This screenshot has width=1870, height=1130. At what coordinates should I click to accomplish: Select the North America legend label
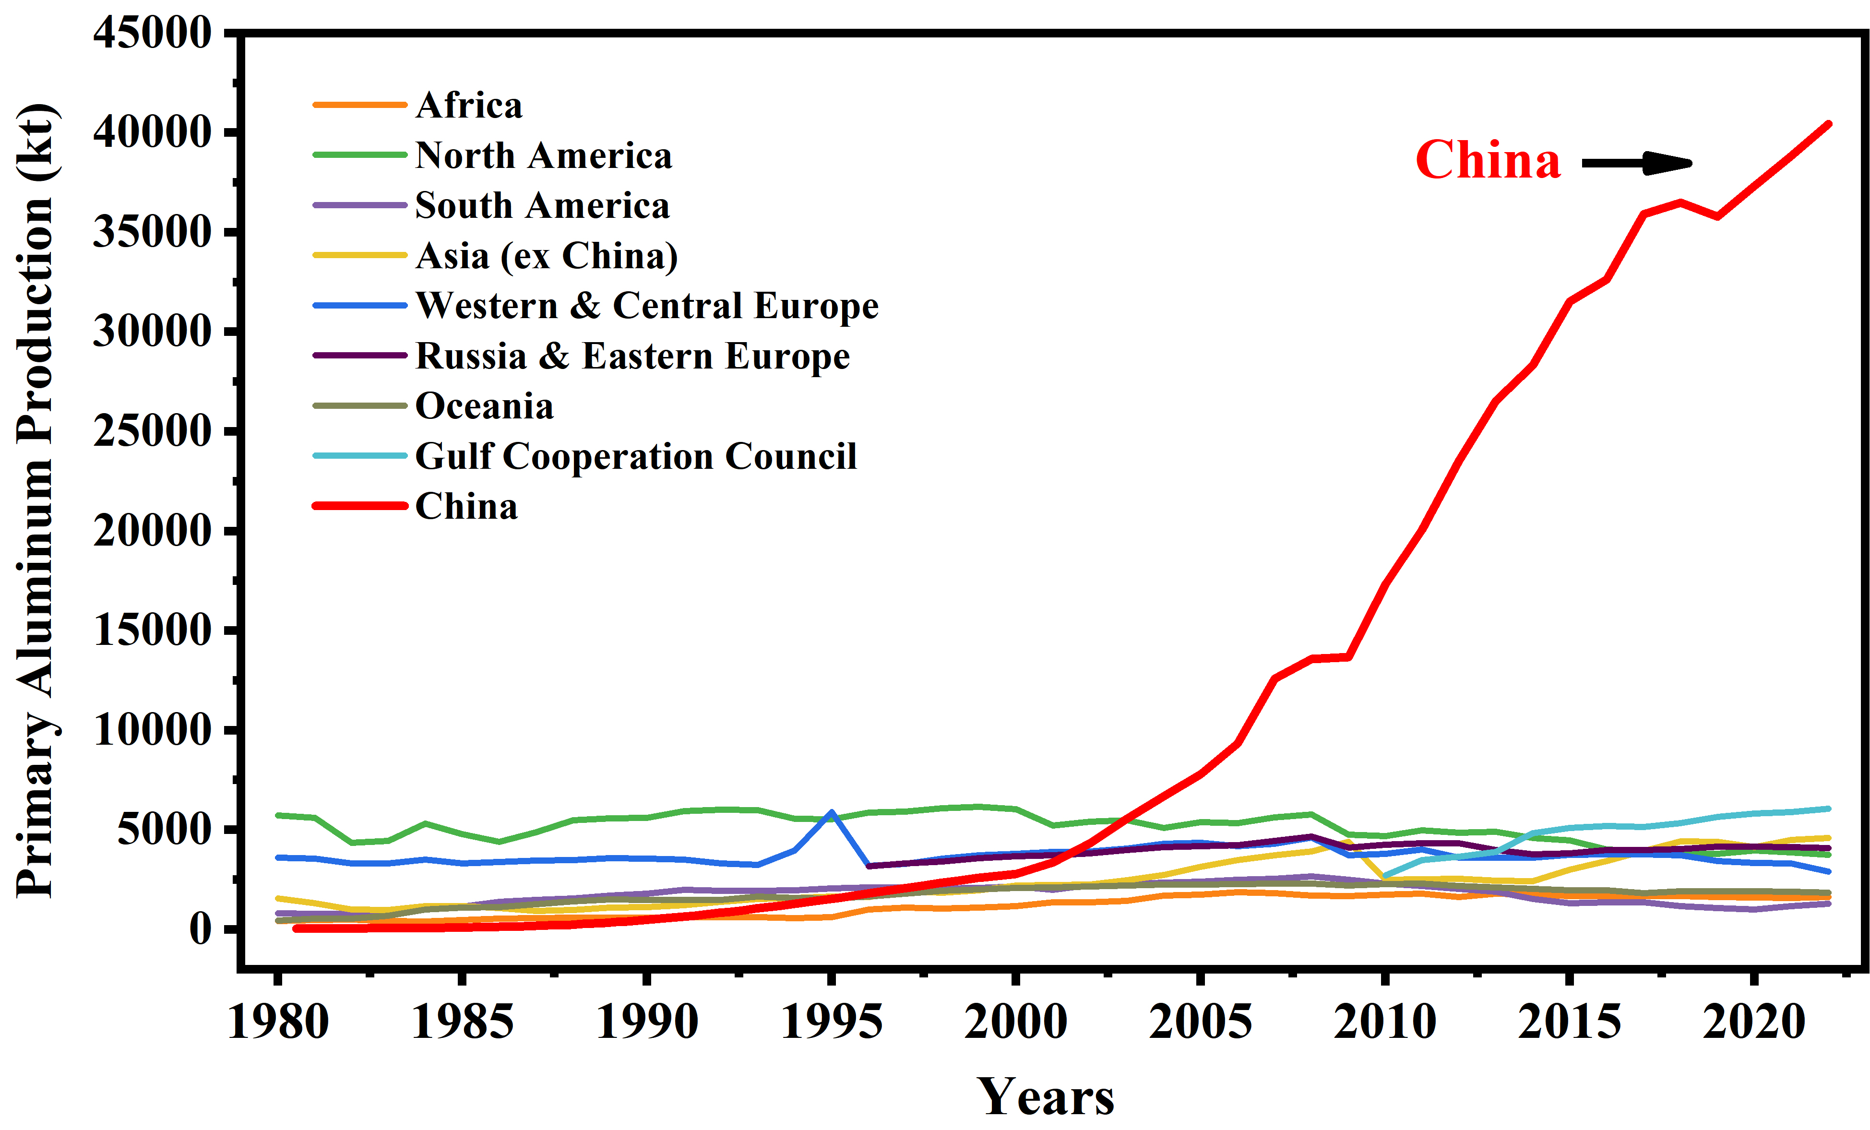coord(543,155)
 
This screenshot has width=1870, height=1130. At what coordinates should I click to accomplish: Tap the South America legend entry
coord(542,206)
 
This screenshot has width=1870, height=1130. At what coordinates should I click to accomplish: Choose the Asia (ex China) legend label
coord(546,256)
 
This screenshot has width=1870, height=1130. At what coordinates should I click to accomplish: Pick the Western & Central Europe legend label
coord(647,306)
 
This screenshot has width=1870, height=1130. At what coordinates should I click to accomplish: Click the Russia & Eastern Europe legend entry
coord(632,356)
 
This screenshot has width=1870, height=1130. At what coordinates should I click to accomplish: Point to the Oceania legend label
coord(484,406)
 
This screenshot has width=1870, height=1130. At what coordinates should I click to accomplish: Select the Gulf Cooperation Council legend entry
coord(636,456)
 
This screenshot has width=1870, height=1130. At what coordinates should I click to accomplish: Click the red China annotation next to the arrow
coord(1488,160)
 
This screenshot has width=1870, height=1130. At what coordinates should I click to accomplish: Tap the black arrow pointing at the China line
coord(1637,162)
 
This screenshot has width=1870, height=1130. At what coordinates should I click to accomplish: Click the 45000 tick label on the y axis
coord(152,34)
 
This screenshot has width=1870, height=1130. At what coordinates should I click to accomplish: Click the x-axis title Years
coord(1045,1096)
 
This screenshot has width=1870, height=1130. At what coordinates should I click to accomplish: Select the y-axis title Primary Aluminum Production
coord(35,501)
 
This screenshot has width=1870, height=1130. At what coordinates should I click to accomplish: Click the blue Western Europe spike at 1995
coord(832,812)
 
